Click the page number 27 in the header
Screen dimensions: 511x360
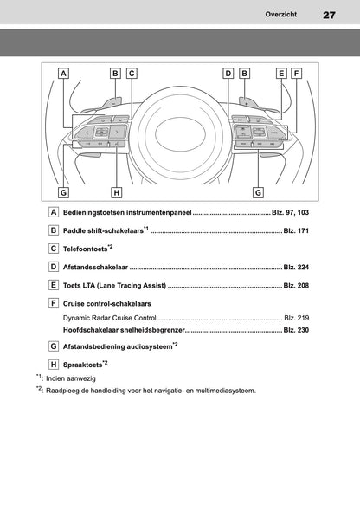click(x=329, y=15)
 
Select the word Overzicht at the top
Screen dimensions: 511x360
click(x=283, y=15)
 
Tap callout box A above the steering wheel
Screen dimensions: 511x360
click(x=64, y=74)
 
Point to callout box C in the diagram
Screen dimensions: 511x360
click(x=132, y=74)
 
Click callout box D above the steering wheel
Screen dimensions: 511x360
click(x=228, y=74)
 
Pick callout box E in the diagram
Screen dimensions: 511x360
click(x=281, y=74)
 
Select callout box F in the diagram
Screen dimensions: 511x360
click(x=296, y=74)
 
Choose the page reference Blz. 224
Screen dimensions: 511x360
click(x=296, y=268)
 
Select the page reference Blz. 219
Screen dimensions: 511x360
click(x=296, y=319)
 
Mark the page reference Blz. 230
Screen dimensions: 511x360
click(x=296, y=330)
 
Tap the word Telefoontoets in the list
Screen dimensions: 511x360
click(x=89, y=249)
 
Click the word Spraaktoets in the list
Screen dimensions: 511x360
click(x=83, y=365)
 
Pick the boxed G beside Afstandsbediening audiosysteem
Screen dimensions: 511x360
click(x=55, y=346)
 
